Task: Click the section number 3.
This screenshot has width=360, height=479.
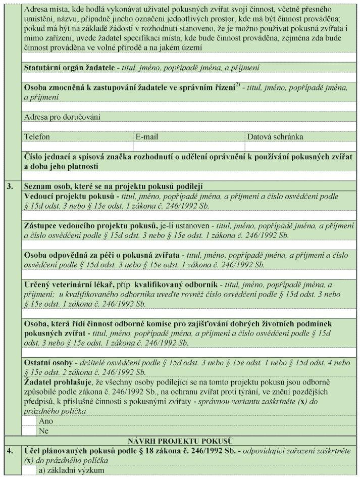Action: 10,185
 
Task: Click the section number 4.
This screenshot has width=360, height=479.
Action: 10,451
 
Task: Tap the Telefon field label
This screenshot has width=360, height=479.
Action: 37,137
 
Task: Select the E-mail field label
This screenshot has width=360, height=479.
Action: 146,137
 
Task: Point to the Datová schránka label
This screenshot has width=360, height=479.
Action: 275,137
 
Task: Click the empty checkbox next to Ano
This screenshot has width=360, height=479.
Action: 30,420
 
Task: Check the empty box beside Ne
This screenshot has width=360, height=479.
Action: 30,430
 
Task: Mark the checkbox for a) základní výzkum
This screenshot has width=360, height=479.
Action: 30,470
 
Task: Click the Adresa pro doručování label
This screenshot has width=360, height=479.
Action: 63,117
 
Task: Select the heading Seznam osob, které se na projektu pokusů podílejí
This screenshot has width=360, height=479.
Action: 116,186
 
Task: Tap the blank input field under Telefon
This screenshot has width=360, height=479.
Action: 78,147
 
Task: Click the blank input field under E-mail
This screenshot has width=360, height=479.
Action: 189,147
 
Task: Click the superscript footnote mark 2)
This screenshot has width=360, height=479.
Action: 238,85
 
